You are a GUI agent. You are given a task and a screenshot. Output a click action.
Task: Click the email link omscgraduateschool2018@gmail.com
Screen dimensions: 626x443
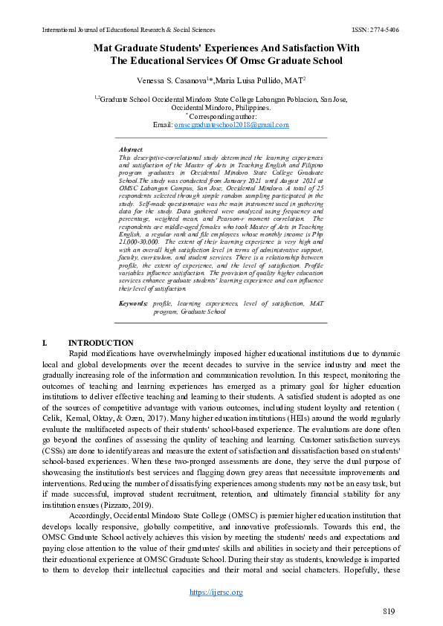coord(231,125)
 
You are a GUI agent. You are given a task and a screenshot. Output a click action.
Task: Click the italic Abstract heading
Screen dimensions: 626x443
coord(131,149)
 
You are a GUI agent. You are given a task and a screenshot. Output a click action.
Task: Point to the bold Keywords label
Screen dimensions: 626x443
coord(134,303)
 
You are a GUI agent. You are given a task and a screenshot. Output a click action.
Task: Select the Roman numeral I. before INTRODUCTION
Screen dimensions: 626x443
coord(45,343)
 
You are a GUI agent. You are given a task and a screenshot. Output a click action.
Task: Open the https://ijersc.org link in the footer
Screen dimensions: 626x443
coord(216,592)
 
